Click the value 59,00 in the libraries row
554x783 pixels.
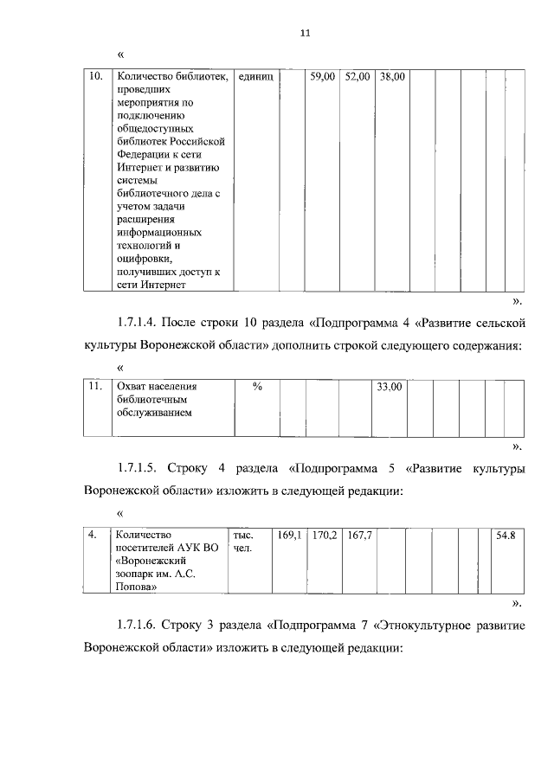322,77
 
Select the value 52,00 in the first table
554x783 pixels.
357,77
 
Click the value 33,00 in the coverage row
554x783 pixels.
389,387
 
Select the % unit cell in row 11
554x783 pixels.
257,387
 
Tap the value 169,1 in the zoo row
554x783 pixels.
289,536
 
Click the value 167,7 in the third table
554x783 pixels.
359,536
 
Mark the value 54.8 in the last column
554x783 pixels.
506,536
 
